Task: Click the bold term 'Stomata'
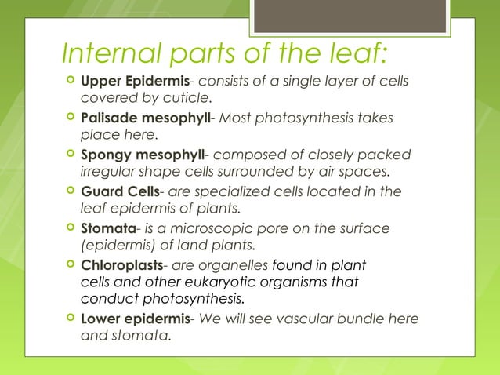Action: (109, 228)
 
